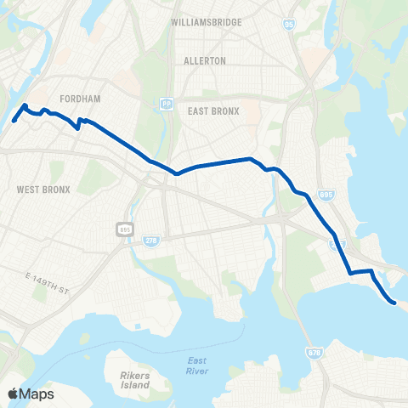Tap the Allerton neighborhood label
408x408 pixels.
(205, 61)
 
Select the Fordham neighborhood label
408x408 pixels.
(81, 99)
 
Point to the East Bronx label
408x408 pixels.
(212, 111)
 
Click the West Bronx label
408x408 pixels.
(42, 188)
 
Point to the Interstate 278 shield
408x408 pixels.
(151, 246)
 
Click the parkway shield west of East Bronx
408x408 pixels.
(167, 102)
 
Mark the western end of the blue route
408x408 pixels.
(14, 120)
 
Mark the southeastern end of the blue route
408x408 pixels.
(394, 302)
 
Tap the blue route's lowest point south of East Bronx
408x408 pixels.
(177, 173)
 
